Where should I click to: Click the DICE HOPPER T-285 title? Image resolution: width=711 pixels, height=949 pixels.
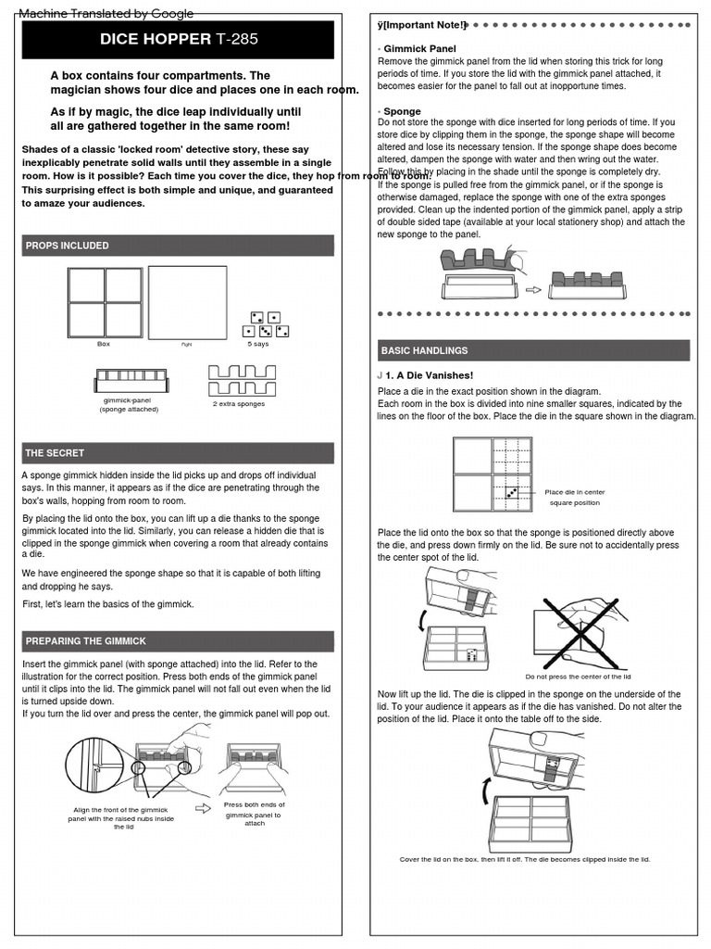(x=179, y=40)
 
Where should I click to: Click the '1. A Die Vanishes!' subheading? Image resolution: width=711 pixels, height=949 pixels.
(x=429, y=375)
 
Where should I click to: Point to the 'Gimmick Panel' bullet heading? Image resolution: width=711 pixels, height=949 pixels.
(x=419, y=48)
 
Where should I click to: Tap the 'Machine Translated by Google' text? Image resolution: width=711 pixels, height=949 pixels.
(x=106, y=13)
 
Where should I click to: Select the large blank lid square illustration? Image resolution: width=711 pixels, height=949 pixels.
(x=187, y=302)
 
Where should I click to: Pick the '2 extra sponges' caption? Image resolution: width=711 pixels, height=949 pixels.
(x=238, y=404)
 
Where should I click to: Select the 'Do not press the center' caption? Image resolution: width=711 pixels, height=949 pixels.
(x=577, y=677)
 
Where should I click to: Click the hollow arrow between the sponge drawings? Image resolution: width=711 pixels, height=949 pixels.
(x=533, y=289)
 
